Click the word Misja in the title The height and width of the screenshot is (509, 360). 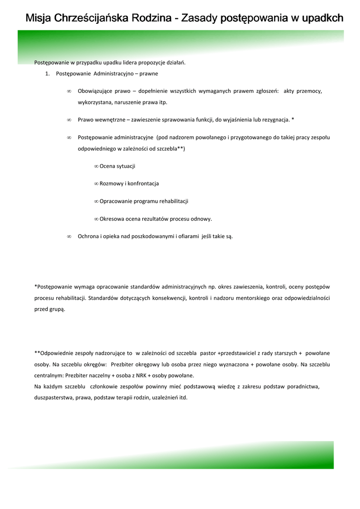coord(39,18)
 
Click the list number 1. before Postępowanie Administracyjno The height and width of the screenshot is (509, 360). coord(48,74)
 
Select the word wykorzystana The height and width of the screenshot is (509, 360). coord(95,102)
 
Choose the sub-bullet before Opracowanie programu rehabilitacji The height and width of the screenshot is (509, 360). coord(96,201)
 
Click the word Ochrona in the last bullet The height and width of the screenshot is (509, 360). coord(89,237)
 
